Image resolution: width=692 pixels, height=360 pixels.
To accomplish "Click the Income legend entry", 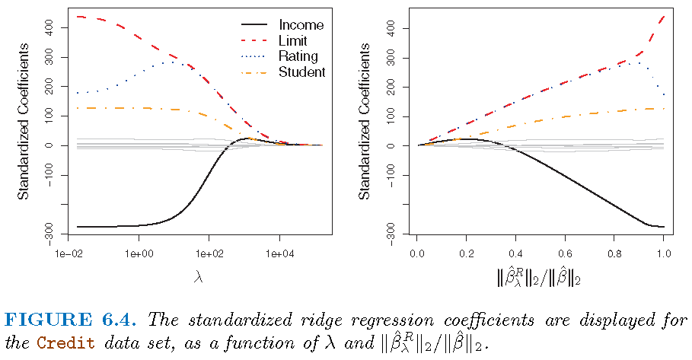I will (301, 25).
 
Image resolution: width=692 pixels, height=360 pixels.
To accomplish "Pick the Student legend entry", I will (301, 72).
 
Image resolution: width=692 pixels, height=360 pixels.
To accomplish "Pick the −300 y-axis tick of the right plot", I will (390, 229).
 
